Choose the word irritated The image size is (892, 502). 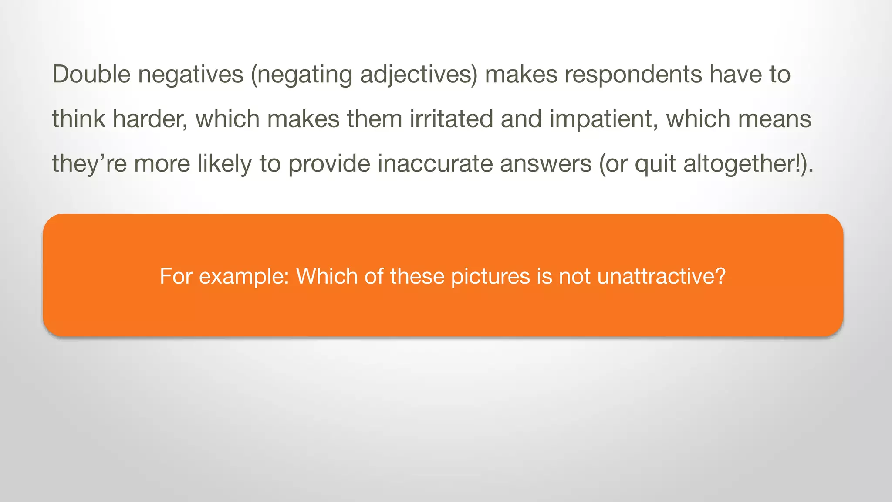tap(451, 119)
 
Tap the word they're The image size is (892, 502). tap(89, 164)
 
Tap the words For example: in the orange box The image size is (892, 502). tap(224, 276)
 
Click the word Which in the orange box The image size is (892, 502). tap(327, 276)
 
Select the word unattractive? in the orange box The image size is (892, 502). tap(661, 276)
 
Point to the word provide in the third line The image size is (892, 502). tap(329, 164)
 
